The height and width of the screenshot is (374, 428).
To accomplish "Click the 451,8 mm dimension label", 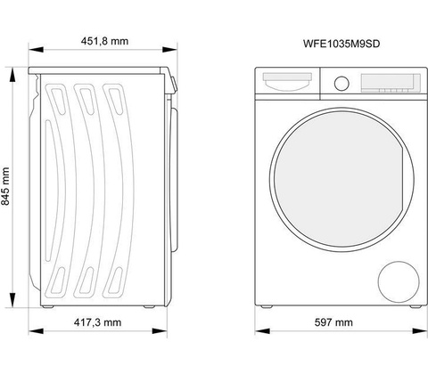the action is coord(104,41).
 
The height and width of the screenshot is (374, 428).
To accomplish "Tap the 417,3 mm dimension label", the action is coord(97,322).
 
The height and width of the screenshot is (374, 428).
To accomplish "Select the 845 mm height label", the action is coord(5,186).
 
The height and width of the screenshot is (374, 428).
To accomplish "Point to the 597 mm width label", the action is coord(333,322).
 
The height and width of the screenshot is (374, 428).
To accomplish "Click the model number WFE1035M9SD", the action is coord(342,44).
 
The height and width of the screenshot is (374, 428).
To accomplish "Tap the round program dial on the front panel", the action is coord(342,84).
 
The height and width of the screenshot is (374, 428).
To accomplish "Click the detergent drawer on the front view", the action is coord(287,81).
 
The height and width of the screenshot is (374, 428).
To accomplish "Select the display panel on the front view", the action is coord(391,83).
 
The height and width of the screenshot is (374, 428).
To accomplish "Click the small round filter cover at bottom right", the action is coord(399,281).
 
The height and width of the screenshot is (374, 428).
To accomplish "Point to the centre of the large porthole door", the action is coord(342,179).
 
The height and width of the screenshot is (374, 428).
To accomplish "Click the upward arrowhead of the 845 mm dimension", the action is coord(12,75).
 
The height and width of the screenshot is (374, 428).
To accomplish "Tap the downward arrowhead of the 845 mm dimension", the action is coord(12,300).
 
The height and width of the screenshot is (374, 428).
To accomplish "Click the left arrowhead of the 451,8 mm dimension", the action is coord(36,50).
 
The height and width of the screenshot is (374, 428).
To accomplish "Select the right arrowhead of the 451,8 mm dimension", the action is coord(169,50).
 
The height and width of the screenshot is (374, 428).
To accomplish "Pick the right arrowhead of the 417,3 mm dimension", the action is coord(160,331).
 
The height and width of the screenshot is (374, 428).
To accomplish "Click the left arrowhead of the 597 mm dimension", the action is coord(262,331).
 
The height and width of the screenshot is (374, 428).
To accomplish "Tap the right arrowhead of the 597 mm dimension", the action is coord(420,331).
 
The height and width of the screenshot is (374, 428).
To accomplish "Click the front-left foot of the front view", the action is coord(266,306).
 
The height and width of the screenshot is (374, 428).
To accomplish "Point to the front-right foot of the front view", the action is coord(416,306).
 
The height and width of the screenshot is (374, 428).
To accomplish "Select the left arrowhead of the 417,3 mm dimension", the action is coord(36,331).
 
